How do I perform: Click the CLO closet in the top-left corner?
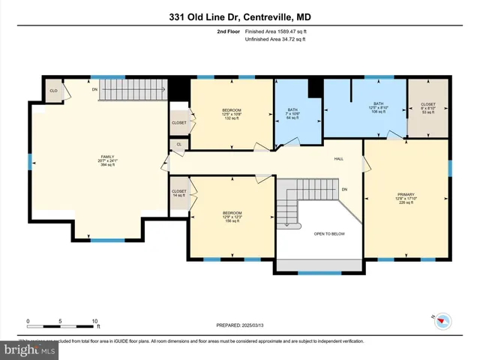click(53, 90)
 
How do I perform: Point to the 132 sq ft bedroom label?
click(232, 113)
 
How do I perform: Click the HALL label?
click(338, 158)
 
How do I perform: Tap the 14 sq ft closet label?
click(179, 193)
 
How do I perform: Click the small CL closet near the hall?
click(178, 145)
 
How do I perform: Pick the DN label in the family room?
click(94, 88)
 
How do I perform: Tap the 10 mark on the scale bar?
click(95, 321)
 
